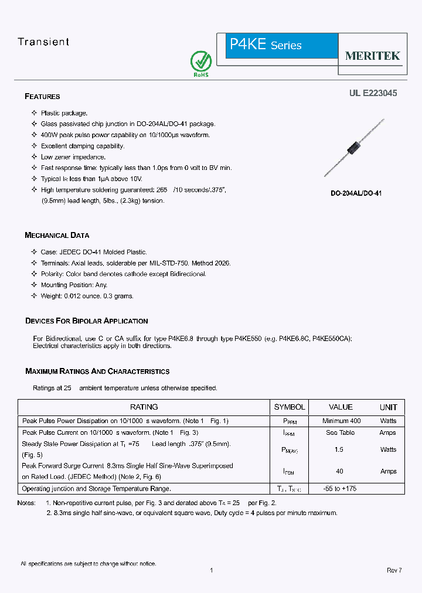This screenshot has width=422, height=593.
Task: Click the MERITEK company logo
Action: tap(373, 56)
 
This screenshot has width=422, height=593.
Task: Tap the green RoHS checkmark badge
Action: tap(201, 62)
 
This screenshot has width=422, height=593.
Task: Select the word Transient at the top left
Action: tap(43, 42)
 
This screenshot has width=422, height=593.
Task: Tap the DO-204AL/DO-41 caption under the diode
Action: tap(356, 193)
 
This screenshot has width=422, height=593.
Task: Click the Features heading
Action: tap(42, 97)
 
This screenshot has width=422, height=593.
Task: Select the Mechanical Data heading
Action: tap(57, 236)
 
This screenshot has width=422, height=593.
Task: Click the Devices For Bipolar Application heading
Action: tap(86, 321)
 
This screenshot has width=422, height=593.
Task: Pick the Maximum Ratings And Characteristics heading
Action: tap(97, 372)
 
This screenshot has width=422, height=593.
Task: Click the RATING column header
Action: tap(144, 407)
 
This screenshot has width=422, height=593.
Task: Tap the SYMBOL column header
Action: tap(290, 407)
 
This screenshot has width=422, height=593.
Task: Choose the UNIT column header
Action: tap(388, 407)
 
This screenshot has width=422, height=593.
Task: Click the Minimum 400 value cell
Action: tap(341, 421)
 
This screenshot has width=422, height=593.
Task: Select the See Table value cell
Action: tap(340, 432)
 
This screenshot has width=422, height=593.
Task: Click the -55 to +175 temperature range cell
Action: tap(340, 489)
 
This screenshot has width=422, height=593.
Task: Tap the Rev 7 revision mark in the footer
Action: tap(394, 570)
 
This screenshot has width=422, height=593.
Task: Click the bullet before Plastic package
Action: tap(34, 113)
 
